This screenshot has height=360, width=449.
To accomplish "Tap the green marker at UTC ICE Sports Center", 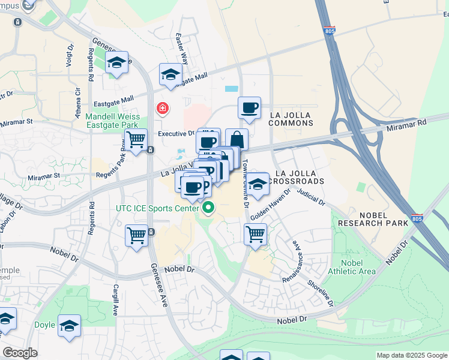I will coord(209,209).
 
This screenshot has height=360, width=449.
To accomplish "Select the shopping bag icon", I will coord(237,139).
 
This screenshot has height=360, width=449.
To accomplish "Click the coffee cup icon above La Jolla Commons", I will coord(249,108).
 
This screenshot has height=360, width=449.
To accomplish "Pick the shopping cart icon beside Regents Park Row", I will coord(137,140).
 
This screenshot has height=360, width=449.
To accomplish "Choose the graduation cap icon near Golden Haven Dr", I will coord(258,184).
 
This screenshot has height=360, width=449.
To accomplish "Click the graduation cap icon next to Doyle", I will coord(70,325).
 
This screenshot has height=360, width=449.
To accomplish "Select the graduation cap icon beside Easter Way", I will coord(170,75).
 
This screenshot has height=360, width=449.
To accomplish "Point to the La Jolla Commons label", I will coord(291,119).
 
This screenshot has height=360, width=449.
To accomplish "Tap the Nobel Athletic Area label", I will coord(351,267).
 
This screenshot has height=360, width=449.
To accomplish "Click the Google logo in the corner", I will coord(20,353).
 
